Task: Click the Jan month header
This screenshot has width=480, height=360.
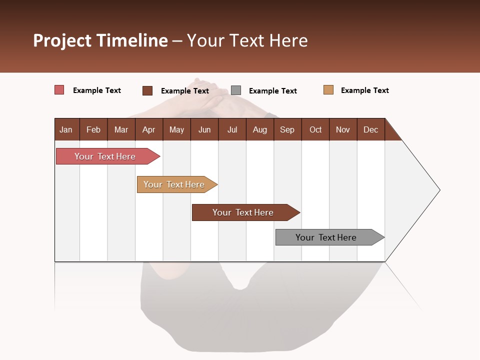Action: click(x=66, y=130)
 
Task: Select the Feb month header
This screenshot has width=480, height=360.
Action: click(x=93, y=130)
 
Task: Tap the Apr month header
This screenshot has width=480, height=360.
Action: click(x=149, y=130)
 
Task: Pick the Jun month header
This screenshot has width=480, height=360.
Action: click(x=204, y=130)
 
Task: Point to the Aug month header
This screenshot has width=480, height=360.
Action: click(x=260, y=130)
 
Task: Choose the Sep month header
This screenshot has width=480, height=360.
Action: click(x=287, y=130)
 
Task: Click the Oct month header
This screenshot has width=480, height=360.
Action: click(x=315, y=130)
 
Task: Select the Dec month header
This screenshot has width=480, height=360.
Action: click(x=371, y=130)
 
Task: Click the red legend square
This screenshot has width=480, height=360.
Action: click(x=59, y=90)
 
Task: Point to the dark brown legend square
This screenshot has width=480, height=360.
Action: click(x=147, y=90)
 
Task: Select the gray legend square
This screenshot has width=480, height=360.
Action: click(x=236, y=90)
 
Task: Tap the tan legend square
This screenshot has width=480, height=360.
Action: click(x=328, y=90)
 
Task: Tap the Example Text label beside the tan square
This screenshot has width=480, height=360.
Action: click(x=364, y=90)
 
